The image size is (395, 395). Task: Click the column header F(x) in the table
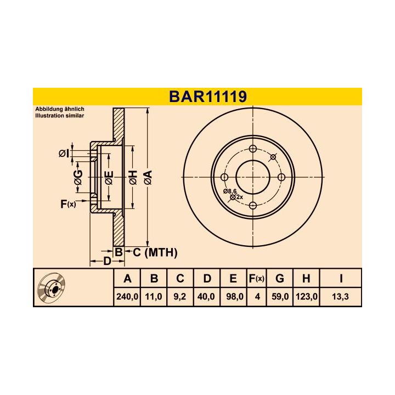pyautogui.click(x=256, y=279)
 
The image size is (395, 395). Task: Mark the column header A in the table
pyautogui.click(x=128, y=279)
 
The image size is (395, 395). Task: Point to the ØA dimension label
pyautogui.click(x=147, y=177)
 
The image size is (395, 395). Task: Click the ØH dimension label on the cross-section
pyautogui.click(x=132, y=177)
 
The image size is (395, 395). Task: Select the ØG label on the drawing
pyautogui.click(x=78, y=177)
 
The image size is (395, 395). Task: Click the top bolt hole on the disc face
pyautogui.click(x=253, y=149)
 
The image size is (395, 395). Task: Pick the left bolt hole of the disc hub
pyautogui.click(x=224, y=177)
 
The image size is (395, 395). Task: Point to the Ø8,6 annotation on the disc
pyautogui.click(x=229, y=190)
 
